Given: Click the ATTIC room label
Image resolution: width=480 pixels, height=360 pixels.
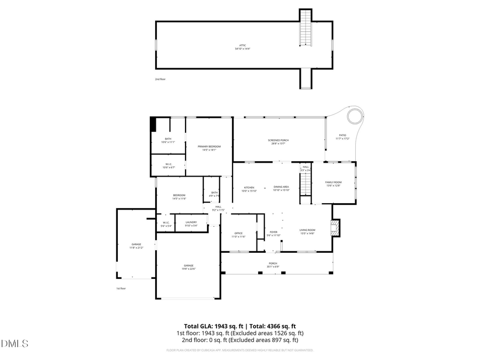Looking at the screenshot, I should point(243,47).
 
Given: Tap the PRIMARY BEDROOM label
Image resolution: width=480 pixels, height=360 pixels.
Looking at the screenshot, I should point(209,148).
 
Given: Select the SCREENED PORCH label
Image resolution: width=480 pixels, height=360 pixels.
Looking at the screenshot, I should point(278,142).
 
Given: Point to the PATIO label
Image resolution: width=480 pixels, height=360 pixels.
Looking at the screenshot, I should point(342,137).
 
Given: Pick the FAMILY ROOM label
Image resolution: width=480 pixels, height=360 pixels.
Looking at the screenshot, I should point(333,184).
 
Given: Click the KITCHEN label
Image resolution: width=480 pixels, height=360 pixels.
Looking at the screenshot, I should point(249,189).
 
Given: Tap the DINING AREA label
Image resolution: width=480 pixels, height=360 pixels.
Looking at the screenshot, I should point(281,188).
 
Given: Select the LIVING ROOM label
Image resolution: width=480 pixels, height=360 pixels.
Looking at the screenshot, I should point(308,231).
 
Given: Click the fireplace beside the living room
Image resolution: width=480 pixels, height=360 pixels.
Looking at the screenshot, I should point(335,228).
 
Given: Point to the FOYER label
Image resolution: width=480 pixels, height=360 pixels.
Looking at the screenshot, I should point(274,233).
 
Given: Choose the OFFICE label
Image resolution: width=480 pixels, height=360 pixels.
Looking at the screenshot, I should point(239,235).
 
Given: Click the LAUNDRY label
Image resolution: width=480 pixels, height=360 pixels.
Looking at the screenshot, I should point(191,223).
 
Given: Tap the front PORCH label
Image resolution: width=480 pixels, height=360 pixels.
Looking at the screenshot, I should point(273,265).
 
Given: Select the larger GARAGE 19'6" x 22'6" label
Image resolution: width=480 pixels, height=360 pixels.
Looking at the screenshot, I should point(189,267).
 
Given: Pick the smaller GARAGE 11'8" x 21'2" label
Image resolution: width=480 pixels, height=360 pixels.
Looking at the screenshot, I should point(137,246).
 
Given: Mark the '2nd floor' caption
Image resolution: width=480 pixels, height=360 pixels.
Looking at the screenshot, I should point(161,79).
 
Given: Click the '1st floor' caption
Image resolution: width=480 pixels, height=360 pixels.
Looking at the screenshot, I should point(121,289).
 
